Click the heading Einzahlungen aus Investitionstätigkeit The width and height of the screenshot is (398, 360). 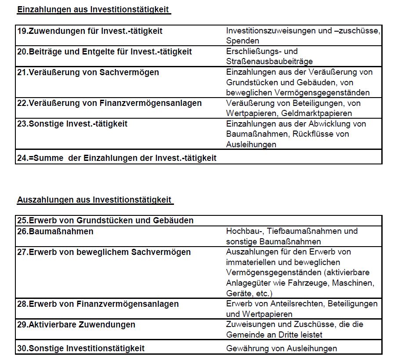pyautogui.click(x=93, y=10)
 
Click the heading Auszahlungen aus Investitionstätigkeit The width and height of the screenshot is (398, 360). pyautogui.click(x=94, y=200)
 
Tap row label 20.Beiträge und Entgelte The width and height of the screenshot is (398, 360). pyautogui.click(x=105, y=52)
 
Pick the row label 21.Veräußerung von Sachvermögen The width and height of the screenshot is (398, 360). pyautogui.click(x=88, y=72)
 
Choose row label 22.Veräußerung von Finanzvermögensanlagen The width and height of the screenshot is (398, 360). pyautogui.click(x=109, y=103)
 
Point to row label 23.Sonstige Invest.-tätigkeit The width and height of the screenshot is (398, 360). pyautogui.click(x=72, y=124)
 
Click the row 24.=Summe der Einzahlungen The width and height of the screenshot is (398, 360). pyautogui.click(x=116, y=158)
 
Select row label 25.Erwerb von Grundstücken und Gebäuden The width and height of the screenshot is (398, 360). pyautogui.click(x=105, y=220)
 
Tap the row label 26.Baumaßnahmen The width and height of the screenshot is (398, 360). pyautogui.click(x=55, y=231)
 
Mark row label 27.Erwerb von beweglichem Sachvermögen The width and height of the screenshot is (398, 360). pyautogui.click(x=104, y=252)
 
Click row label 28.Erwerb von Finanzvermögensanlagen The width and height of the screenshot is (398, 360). pyautogui.click(x=98, y=304)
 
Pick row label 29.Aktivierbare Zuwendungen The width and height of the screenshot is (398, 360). pyautogui.click(x=76, y=325)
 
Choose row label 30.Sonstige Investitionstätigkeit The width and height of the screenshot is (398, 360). pyautogui.click(x=80, y=349)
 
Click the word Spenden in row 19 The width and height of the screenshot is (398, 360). pyautogui.click(x=242, y=41)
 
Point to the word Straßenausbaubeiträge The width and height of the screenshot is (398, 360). pyautogui.click(x=269, y=62)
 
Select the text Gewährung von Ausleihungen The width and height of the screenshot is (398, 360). pyautogui.click(x=282, y=349)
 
